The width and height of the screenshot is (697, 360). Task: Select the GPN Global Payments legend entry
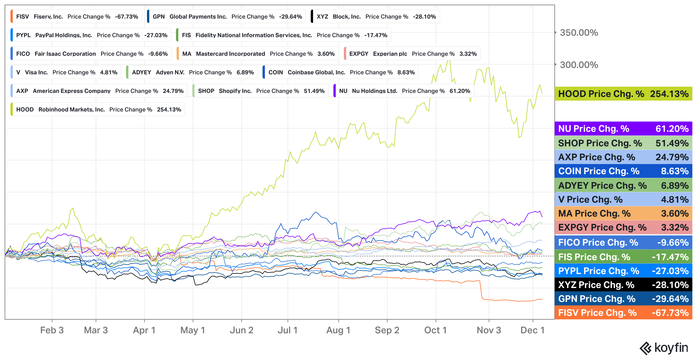[227, 17]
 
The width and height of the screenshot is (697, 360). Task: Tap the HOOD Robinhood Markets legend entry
[98, 109]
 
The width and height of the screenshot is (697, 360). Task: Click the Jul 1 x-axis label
[288, 330]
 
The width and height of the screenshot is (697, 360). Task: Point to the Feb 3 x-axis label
[52, 330]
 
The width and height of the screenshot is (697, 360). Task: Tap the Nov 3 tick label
[489, 330]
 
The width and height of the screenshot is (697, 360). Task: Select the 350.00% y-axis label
[579, 33]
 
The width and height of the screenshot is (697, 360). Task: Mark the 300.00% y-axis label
[579, 65]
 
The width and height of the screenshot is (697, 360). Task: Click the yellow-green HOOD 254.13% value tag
[623, 94]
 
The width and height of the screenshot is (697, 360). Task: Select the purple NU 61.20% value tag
[623, 129]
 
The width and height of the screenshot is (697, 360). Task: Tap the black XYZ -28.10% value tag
[623, 285]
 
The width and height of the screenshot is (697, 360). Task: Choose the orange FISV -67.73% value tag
[623, 313]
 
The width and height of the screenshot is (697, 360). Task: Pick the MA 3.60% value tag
[623, 213]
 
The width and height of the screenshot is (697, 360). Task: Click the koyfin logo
[664, 348]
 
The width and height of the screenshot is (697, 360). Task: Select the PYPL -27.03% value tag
[623, 271]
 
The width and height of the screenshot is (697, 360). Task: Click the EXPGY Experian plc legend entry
[412, 54]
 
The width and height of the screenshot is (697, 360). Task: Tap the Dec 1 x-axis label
[532, 330]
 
